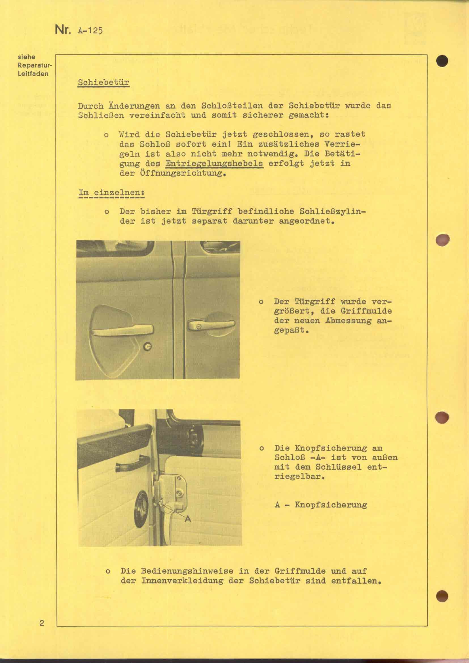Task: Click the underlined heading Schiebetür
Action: tap(103, 82)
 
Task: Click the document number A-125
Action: tap(90, 30)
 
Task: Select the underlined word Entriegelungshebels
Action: tap(214, 164)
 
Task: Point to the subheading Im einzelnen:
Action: tap(111, 192)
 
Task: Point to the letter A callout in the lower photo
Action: tap(188, 519)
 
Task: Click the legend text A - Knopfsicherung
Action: tap(321, 505)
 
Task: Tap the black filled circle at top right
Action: tap(442, 61)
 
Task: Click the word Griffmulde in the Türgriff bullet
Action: tap(371, 311)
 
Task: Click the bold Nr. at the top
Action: tap(62, 29)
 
